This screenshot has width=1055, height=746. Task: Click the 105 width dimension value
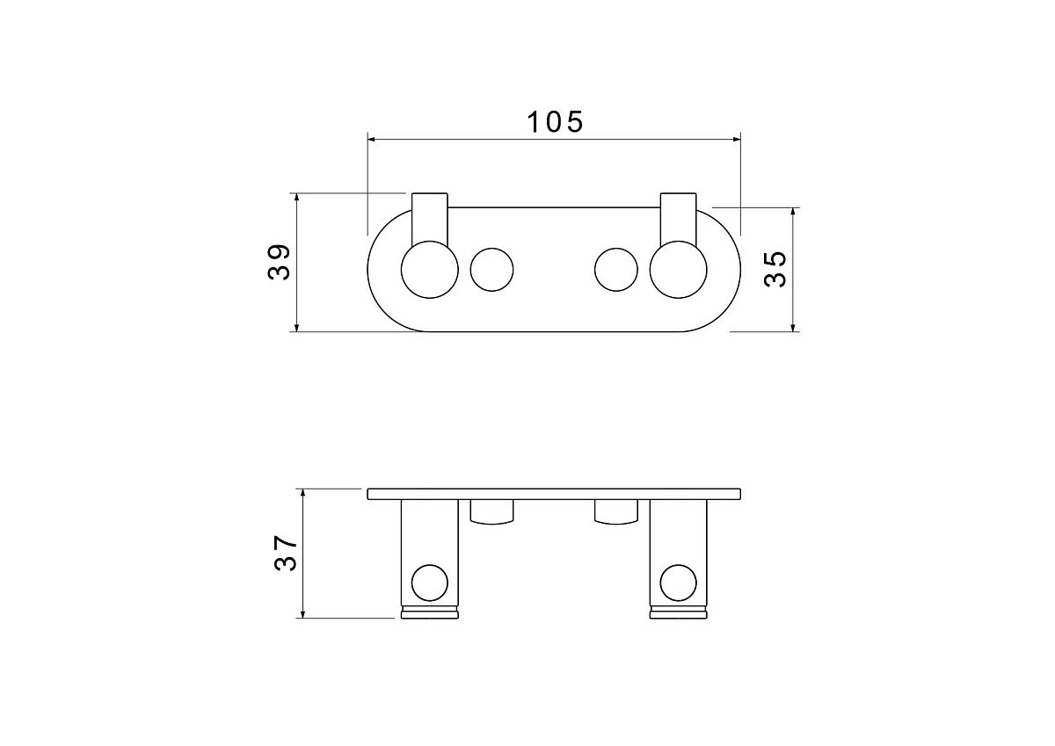(x=555, y=122)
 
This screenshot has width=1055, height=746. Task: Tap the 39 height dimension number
(x=279, y=263)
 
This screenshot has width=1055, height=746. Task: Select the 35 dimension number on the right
(x=775, y=269)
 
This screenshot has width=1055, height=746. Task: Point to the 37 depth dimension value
(x=286, y=553)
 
